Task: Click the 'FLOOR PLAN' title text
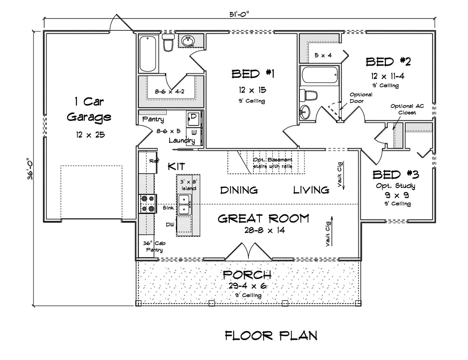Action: click(x=271, y=335)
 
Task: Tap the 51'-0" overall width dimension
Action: click(x=239, y=15)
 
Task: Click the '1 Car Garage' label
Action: click(x=89, y=109)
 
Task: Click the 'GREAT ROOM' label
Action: click(x=263, y=218)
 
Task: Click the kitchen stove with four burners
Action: click(x=148, y=204)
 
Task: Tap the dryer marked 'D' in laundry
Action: click(x=193, y=117)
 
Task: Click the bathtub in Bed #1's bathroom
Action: click(x=148, y=53)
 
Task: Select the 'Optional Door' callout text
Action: click(x=360, y=97)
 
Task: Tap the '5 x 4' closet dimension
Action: click(x=323, y=55)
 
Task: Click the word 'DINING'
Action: click(x=239, y=190)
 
